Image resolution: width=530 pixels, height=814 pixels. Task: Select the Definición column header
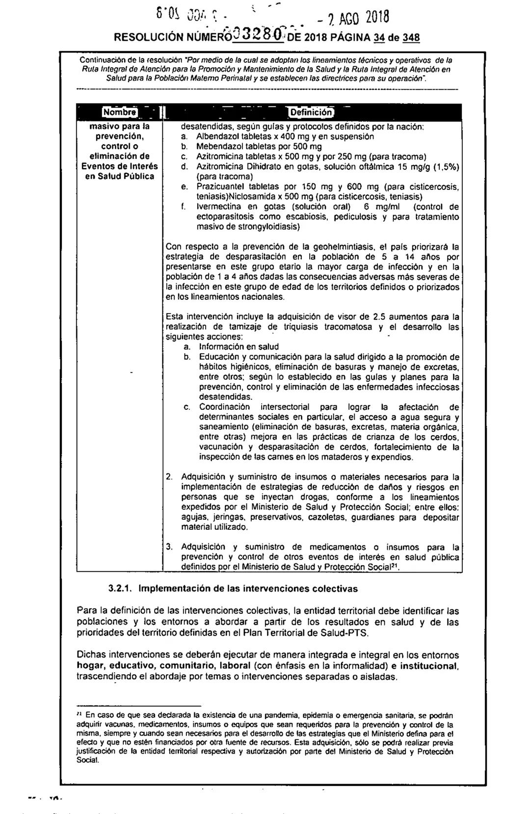pos(312,113)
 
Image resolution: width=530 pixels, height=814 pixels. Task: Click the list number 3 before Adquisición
pos(169,547)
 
